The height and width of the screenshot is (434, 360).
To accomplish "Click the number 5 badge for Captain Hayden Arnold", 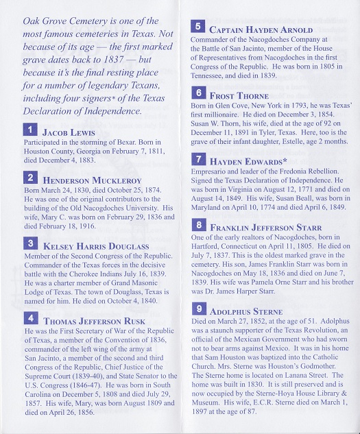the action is click(197, 27).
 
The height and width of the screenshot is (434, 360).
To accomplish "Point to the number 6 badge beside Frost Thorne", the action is click(197, 93).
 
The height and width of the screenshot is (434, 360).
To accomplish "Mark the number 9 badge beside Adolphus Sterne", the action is click(197, 309).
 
